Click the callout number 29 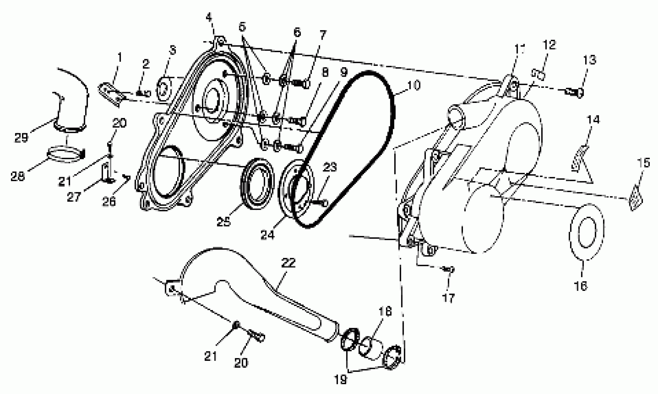[x=21, y=137]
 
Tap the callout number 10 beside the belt [x=414, y=86]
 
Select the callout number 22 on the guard [x=289, y=263]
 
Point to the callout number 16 [x=581, y=286]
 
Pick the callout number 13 [x=590, y=60]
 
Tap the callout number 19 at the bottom [x=340, y=380]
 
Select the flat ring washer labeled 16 [x=587, y=231]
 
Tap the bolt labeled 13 [x=574, y=93]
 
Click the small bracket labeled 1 [x=112, y=93]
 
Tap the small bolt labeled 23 [x=320, y=203]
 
